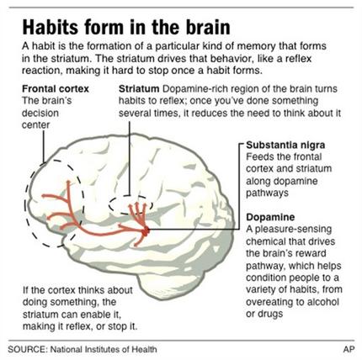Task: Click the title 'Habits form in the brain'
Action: (x=126, y=27)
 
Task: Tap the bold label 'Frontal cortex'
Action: (x=56, y=89)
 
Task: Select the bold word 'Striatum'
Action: (x=139, y=89)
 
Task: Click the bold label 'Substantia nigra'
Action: (x=285, y=145)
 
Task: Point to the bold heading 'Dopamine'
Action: (x=270, y=217)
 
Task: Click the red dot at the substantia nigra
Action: (x=146, y=231)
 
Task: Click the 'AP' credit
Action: (x=349, y=349)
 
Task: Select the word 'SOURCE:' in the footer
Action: (x=28, y=349)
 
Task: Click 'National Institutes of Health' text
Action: (x=104, y=349)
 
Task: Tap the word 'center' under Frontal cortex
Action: (x=35, y=125)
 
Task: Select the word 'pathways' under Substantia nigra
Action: (x=267, y=193)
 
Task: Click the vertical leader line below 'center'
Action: (x=44, y=146)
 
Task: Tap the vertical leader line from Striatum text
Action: (x=130, y=158)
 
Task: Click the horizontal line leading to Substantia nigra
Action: (x=194, y=230)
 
